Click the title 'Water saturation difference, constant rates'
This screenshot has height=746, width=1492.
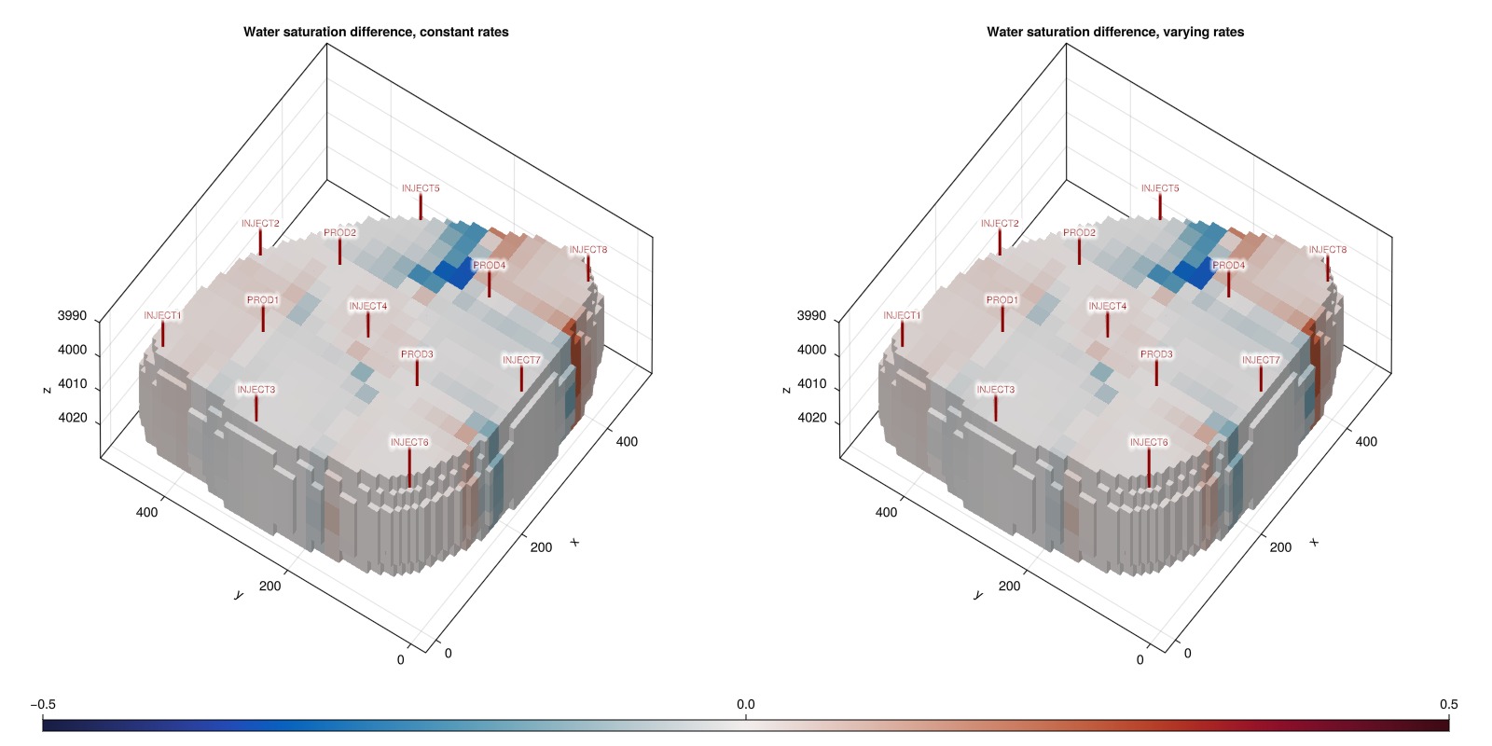coord(376,32)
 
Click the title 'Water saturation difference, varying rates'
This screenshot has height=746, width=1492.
coord(1115,32)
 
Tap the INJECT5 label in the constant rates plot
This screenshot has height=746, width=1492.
coord(421,188)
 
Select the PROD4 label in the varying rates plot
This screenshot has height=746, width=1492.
coord(1228,265)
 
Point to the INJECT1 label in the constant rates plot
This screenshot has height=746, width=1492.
coord(162,315)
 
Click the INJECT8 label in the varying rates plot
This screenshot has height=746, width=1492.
coord(1328,250)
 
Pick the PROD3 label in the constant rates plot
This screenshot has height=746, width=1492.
coord(417,354)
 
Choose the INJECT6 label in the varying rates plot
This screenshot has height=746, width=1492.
coord(1148,442)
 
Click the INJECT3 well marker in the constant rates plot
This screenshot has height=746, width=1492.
coord(256,408)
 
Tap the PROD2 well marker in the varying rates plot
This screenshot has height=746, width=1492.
coord(1079,252)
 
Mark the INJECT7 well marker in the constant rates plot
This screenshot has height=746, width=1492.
coord(521,379)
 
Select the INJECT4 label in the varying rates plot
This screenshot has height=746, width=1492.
coord(1107,307)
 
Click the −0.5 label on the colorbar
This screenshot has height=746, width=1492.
coord(43,705)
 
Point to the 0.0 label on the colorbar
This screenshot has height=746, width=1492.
coord(745,705)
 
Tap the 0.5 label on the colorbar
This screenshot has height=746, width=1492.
coord(1449,705)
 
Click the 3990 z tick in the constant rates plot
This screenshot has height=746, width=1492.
coord(72,316)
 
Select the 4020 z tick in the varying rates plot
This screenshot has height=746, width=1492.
coord(811,418)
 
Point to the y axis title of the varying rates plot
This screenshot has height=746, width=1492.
coord(978,595)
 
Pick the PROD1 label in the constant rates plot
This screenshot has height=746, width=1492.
coord(262,300)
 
